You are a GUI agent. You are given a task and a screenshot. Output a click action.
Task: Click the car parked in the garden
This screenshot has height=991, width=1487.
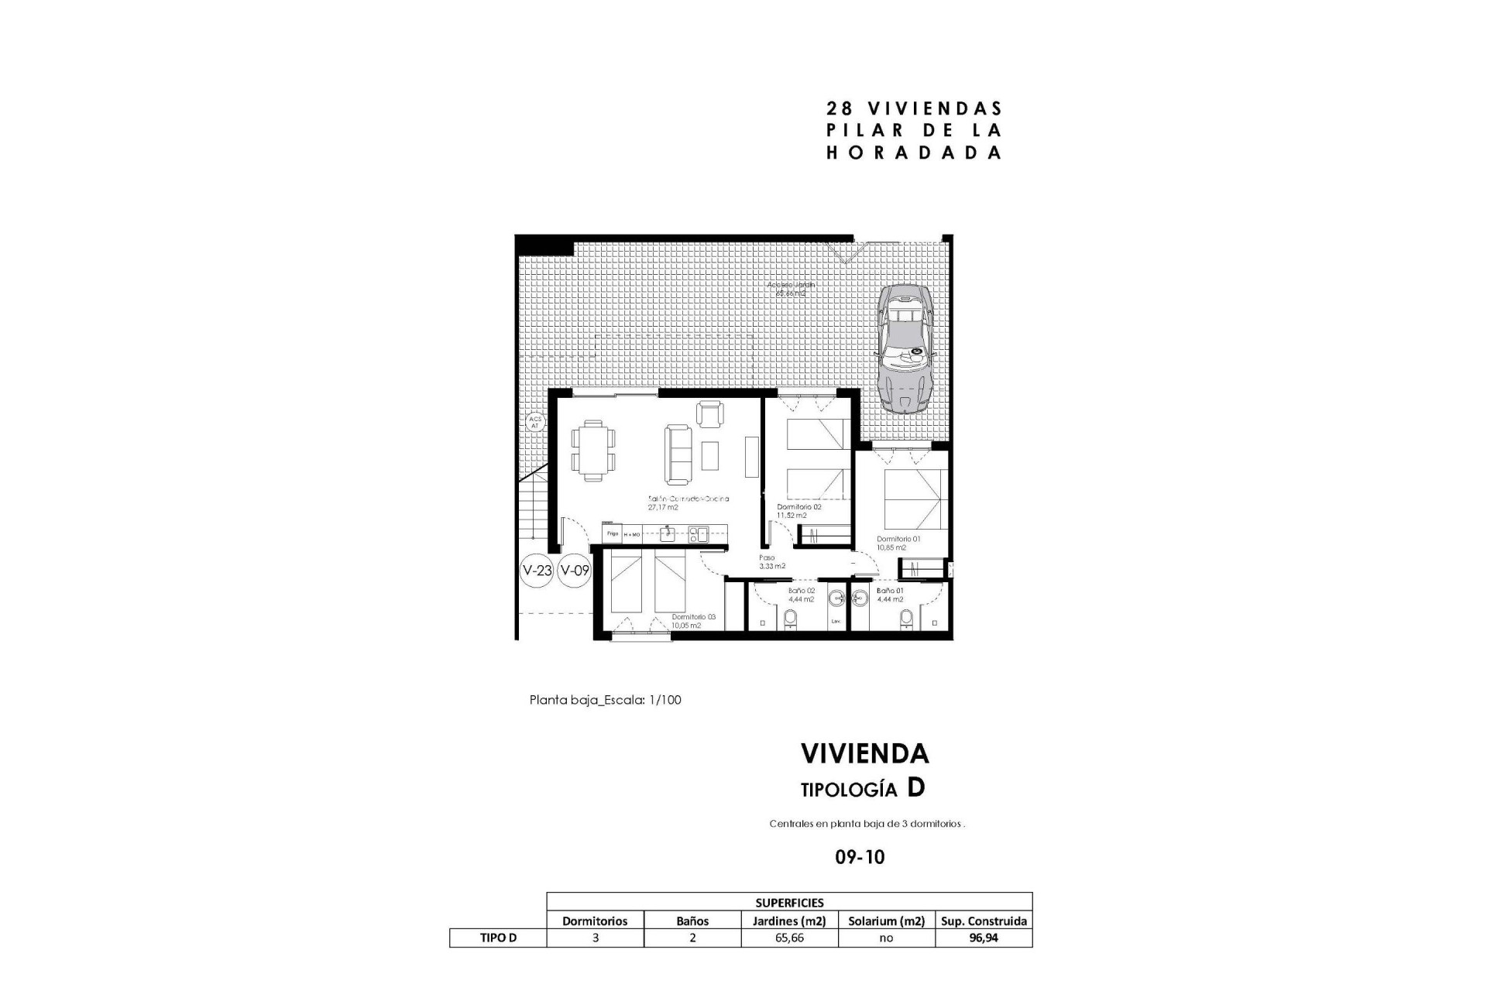[904, 348]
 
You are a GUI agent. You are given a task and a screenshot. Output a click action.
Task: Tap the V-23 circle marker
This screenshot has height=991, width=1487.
[537, 571]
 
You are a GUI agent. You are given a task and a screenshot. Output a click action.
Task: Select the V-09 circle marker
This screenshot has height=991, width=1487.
[575, 571]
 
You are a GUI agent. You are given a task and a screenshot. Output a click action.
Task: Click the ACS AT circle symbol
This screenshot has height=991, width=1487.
[534, 423]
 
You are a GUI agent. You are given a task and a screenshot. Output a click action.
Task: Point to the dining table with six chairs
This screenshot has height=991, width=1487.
[594, 451]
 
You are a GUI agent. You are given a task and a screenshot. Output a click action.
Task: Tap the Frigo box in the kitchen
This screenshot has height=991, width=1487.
[612, 533]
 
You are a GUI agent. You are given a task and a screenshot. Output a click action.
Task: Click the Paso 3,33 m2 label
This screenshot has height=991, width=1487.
[771, 561]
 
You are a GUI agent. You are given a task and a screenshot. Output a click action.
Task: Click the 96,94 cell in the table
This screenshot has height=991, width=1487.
[984, 938]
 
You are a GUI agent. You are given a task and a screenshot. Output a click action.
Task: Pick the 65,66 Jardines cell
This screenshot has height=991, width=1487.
[789, 938]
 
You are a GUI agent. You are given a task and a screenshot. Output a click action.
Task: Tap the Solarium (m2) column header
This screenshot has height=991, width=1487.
[886, 921]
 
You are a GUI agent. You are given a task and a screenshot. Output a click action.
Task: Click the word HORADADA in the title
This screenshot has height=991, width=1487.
[914, 153]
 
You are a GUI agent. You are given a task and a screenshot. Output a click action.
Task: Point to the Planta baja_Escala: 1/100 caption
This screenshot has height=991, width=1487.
[605, 700]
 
